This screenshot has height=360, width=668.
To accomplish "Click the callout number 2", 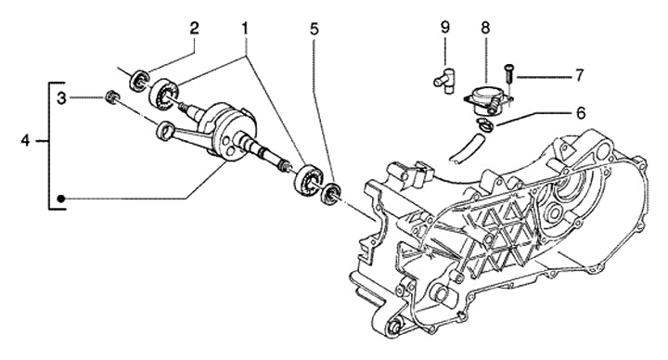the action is pyautogui.click(x=194, y=29).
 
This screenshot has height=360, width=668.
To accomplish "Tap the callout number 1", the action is pyautogui.click(x=245, y=29).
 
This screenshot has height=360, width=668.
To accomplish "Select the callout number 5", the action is pyautogui.click(x=314, y=29).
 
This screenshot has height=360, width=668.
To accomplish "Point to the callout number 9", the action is pyautogui.click(x=444, y=28).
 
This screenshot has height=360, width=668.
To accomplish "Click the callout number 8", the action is pyautogui.click(x=485, y=28).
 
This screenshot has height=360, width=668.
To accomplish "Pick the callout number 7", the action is pyautogui.click(x=579, y=76).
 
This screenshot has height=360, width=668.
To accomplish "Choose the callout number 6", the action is pyautogui.click(x=581, y=113).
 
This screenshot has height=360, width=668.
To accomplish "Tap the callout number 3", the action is pyautogui.click(x=62, y=99).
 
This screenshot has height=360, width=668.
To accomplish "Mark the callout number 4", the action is pyautogui.click(x=26, y=140).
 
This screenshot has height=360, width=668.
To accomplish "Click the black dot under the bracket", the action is pyautogui.click(x=61, y=199).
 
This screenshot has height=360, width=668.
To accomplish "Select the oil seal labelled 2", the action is pyautogui.click(x=140, y=80).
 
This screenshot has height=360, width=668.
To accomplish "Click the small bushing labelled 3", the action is pyautogui.click(x=111, y=96).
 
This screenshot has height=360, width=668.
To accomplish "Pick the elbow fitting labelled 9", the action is pyautogui.click(x=443, y=80).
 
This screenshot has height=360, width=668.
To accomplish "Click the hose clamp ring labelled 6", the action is pyautogui.click(x=485, y=125).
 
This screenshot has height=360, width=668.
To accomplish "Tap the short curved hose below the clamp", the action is pyautogui.click(x=466, y=148).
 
